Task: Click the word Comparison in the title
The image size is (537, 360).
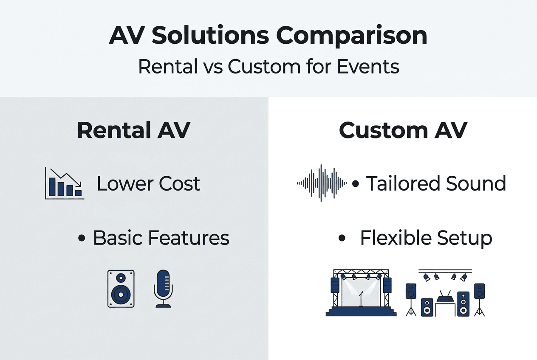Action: click(352, 36)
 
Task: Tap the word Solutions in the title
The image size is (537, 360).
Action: click(210, 36)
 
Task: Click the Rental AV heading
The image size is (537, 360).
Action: click(133, 130)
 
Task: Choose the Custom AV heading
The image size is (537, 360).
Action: click(403, 130)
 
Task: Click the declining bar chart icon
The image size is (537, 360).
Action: click(65, 183)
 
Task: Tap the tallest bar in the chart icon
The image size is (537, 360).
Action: click(52, 187)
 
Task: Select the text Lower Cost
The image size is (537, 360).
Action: click(148, 184)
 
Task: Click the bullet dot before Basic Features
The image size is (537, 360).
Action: click(82, 238)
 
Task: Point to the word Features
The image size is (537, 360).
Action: click(189, 238)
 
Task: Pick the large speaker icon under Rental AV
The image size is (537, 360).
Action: click(121, 289)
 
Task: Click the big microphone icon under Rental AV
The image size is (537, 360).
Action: click(163, 289)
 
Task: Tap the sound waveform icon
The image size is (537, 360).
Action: click(322, 183)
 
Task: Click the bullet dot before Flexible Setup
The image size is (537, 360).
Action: click(342, 238)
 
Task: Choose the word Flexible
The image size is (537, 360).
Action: click(396, 238)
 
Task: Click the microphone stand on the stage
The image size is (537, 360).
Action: click(361, 299)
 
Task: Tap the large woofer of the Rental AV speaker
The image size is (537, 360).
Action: click(121, 294)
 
